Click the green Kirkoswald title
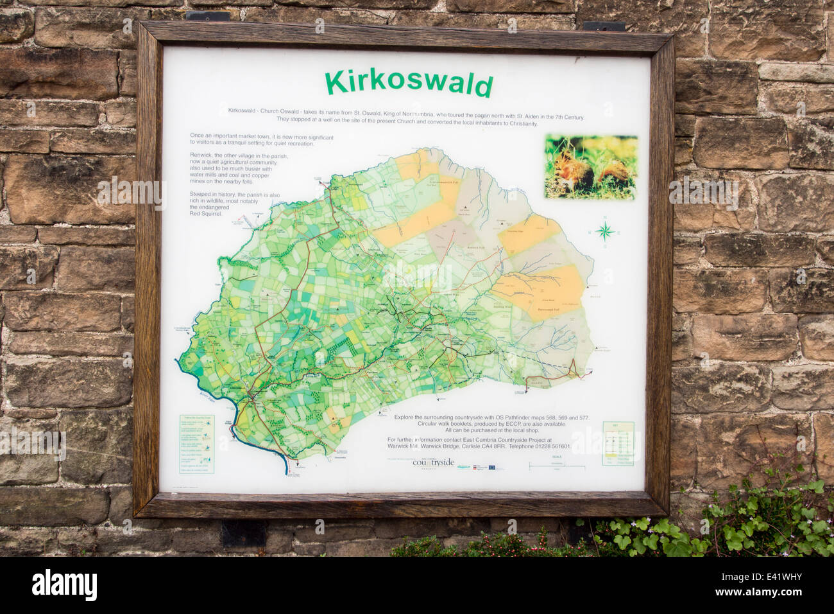(x=409, y=83)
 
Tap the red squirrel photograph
(x=590, y=167)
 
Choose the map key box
(x=618, y=443)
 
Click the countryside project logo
(x=434, y=462)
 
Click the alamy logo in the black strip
(x=64, y=585)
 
